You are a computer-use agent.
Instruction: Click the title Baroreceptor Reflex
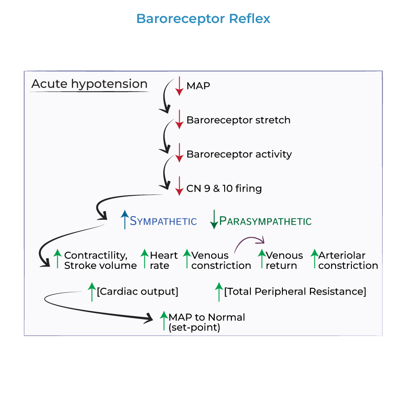coord(203,19)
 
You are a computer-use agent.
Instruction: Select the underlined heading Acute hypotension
coord(89,84)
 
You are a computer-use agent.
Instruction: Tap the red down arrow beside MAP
coord(179,86)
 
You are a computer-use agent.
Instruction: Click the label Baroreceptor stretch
coord(238,120)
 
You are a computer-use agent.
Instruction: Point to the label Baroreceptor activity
coord(239,154)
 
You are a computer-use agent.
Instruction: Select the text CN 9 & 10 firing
coord(224,188)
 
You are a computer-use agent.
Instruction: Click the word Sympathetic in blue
coord(163,221)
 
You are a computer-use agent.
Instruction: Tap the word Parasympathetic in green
coord(265,221)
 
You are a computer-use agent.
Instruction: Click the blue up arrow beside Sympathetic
coord(125,220)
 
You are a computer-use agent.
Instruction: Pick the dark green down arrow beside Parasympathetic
coord(214,220)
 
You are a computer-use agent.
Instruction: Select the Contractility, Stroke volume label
coord(100,260)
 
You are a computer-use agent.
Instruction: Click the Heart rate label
coord(164,260)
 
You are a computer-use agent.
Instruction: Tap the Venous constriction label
coord(221,261)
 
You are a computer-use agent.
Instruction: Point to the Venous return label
coord(284,260)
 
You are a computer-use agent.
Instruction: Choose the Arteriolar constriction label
coord(348,260)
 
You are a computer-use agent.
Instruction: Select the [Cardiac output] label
coord(138,291)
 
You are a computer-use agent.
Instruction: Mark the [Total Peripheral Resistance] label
coord(295,291)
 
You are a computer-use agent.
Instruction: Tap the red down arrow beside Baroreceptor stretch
coord(179,120)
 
